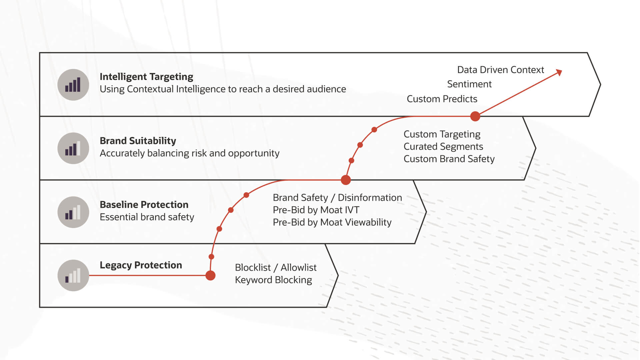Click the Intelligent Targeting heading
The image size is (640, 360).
[146, 77]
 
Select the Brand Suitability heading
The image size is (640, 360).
[138, 141]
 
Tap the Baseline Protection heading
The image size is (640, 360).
[144, 204]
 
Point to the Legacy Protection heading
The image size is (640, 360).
[141, 265]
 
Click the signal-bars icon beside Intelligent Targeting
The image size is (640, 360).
[73, 85]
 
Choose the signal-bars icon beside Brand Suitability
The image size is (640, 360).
[73, 148]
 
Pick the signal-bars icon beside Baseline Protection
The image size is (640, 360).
[73, 212]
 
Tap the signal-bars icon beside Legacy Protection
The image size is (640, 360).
[73, 275]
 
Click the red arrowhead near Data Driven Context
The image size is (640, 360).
[559, 72]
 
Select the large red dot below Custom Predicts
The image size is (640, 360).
[475, 116]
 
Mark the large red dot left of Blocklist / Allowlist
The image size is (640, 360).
[210, 275]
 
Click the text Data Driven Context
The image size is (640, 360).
[500, 70]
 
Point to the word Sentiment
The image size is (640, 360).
[469, 84]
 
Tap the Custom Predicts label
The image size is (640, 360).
[442, 99]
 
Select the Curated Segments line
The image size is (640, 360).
[443, 146]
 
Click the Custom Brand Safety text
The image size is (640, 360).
[449, 159]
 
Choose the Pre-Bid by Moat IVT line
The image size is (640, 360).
[316, 210]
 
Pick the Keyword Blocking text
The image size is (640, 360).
[273, 280]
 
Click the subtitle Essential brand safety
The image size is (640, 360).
[147, 217]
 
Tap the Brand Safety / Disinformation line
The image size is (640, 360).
[337, 197]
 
